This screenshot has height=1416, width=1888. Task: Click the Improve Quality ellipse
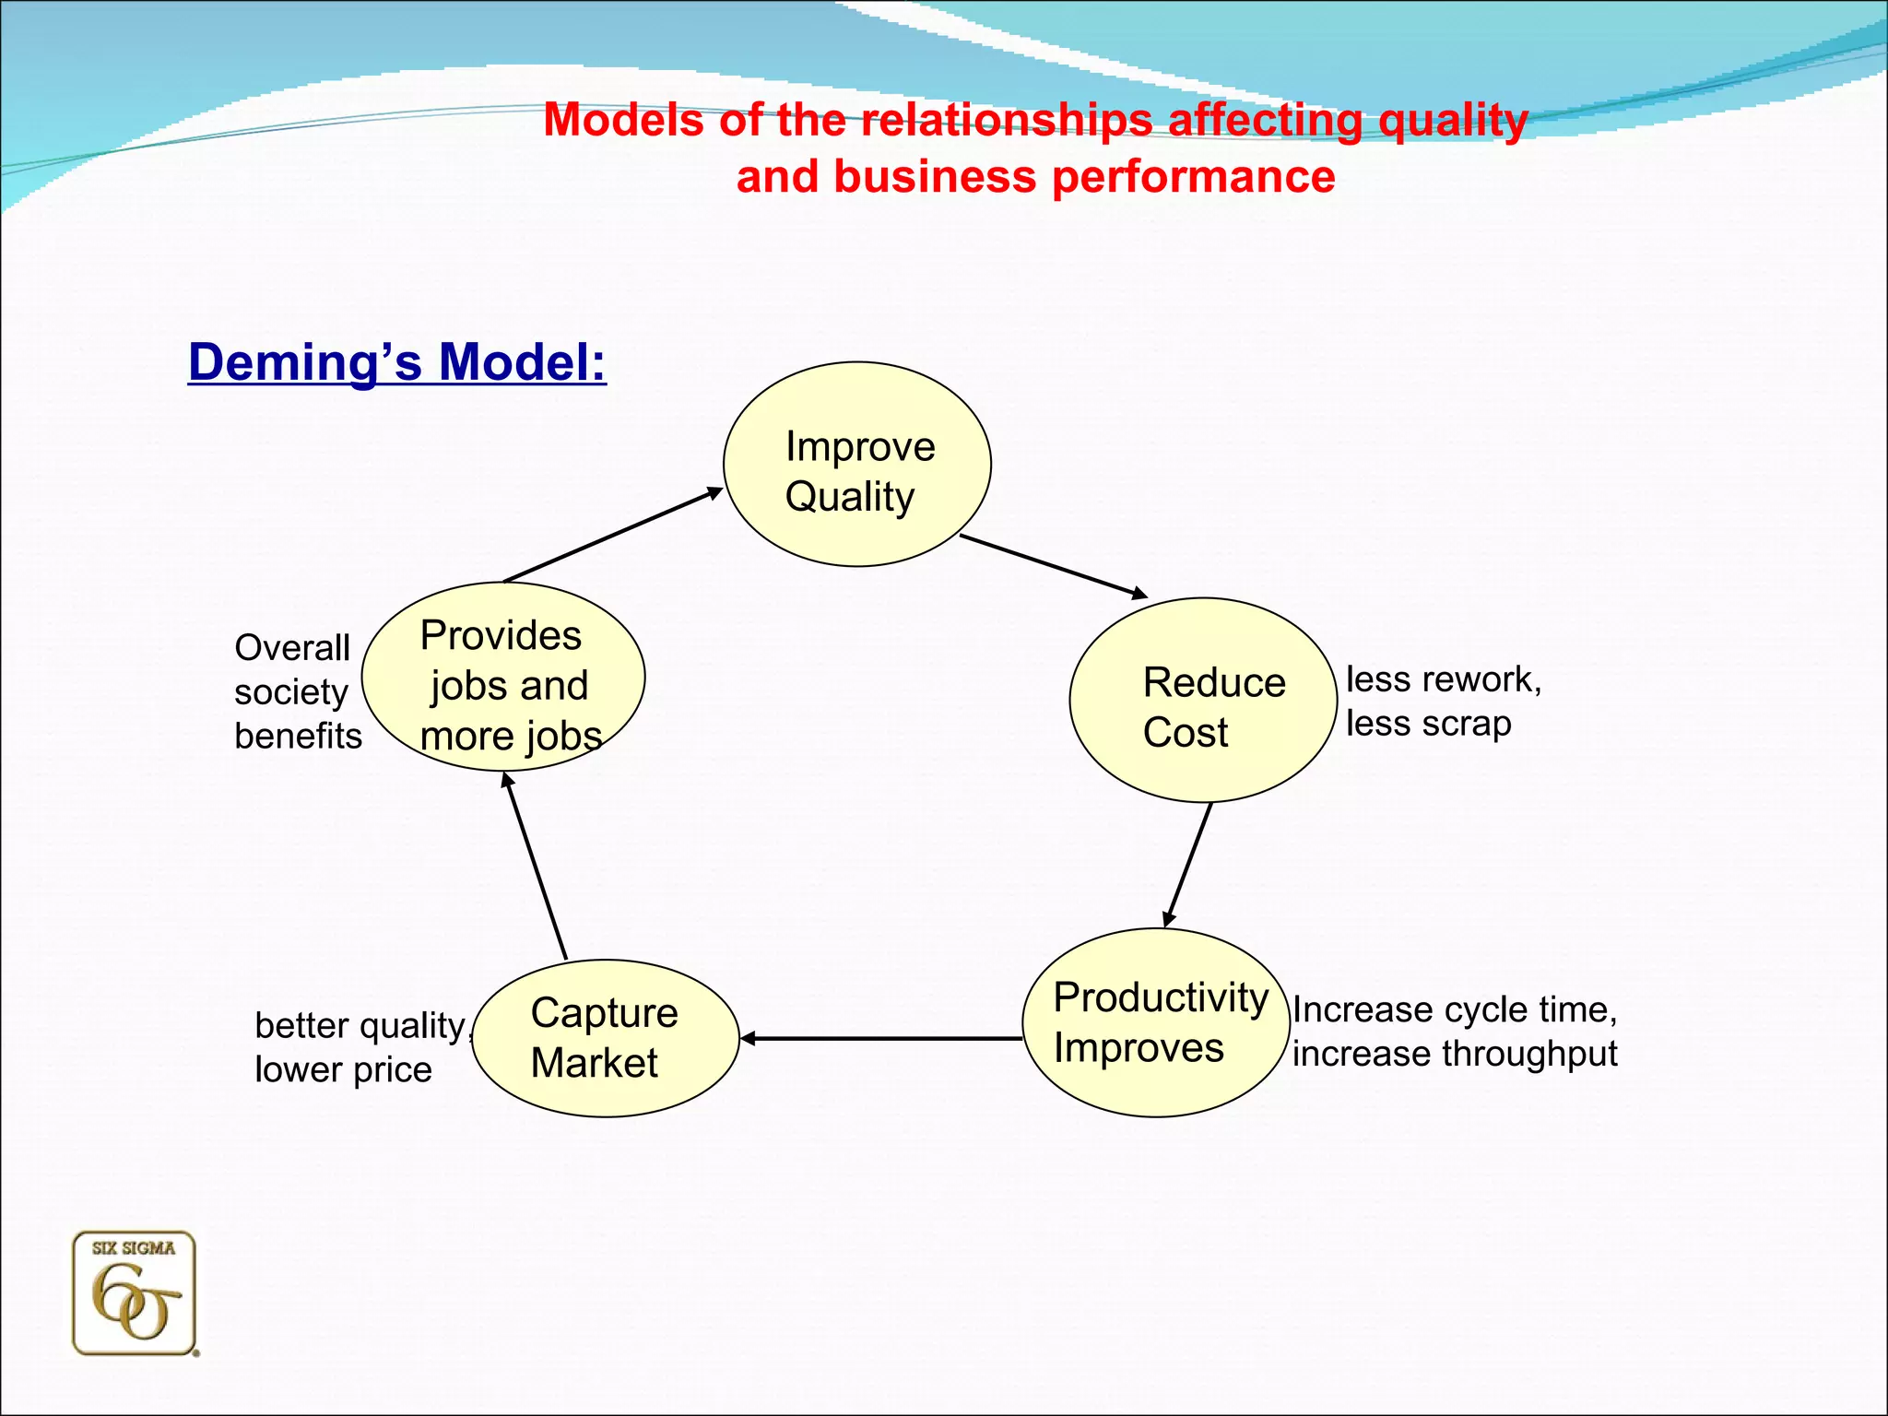pyautogui.click(x=856, y=464)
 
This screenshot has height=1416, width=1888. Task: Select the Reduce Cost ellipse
pyautogui.click(x=1203, y=701)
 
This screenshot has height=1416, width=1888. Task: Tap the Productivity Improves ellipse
pyautogui.click(x=1156, y=1022)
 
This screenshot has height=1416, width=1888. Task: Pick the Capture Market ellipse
pyautogui.click(x=606, y=1038)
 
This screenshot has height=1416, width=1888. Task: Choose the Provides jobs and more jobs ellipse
pyautogui.click(x=503, y=677)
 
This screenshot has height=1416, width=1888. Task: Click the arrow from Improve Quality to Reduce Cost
pyautogui.click(x=1053, y=566)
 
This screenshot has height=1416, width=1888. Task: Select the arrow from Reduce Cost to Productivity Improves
pyautogui.click(x=1188, y=864)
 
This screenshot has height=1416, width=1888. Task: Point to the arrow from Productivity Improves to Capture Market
pyautogui.click(x=880, y=1038)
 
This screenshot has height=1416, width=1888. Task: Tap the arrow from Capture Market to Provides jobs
pyautogui.click(x=536, y=866)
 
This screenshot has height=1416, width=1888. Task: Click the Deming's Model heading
pyautogui.click(x=397, y=361)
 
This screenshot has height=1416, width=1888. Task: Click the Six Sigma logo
pyautogui.click(x=135, y=1293)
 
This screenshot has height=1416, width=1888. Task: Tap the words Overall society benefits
pyautogui.click(x=297, y=691)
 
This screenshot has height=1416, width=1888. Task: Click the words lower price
pyautogui.click(x=343, y=1070)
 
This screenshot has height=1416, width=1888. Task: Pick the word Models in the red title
pyautogui.click(x=622, y=120)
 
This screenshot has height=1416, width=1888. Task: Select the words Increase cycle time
pyautogui.click(x=1454, y=1009)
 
